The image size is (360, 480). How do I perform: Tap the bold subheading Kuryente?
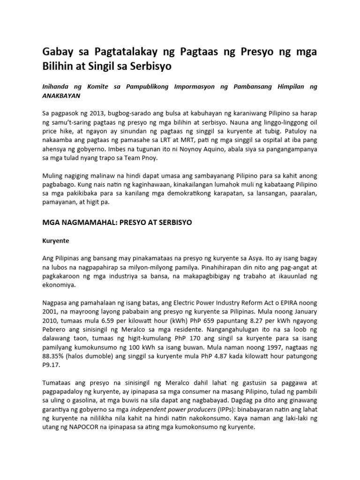(x=56, y=240)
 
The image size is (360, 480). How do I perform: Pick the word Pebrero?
(x=56, y=330)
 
